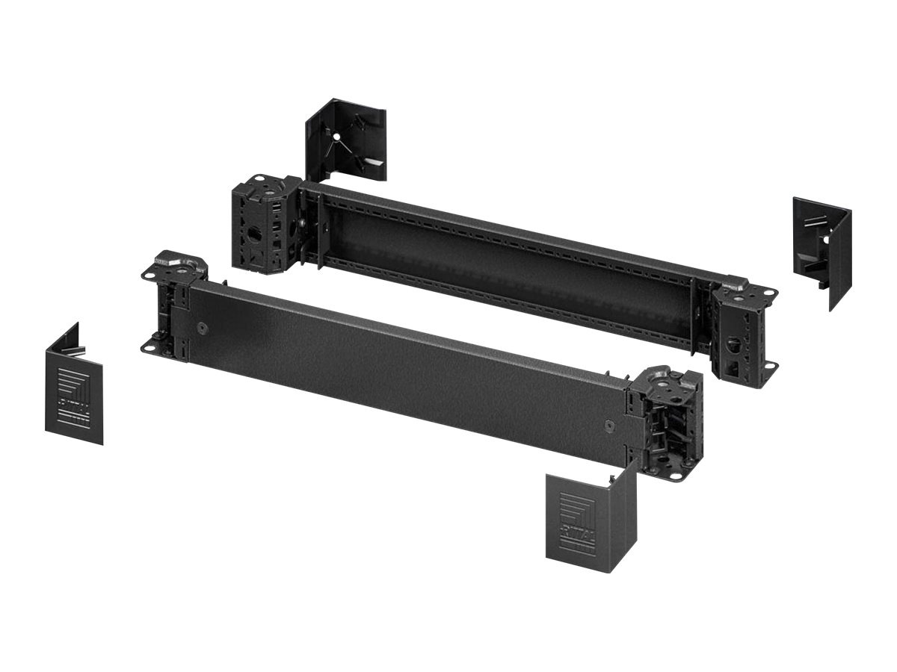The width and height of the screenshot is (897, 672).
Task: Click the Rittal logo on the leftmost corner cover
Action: point(74,393)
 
